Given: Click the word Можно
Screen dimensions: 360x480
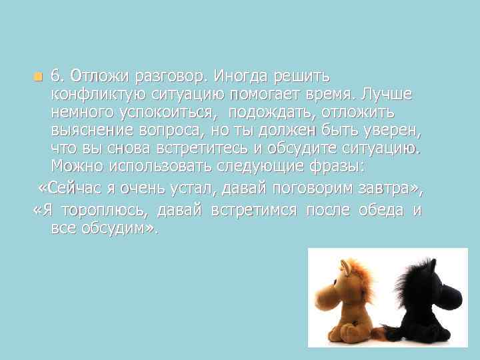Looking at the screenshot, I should click(x=75, y=164).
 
